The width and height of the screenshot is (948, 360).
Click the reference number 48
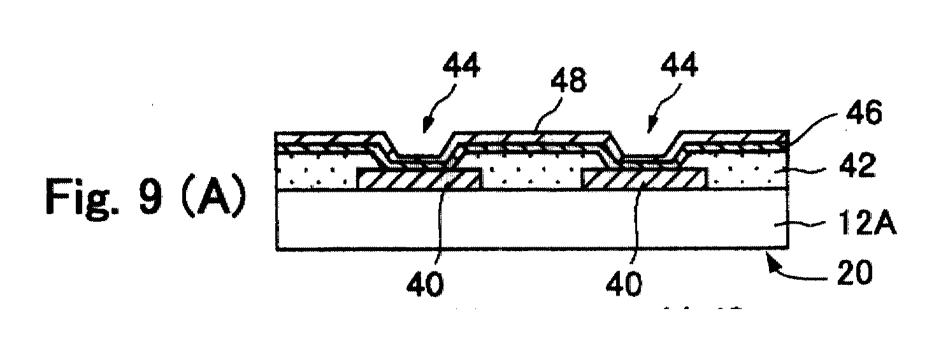[568, 80]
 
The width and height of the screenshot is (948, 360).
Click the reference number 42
[858, 166]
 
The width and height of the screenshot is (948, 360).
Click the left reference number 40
[426, 284]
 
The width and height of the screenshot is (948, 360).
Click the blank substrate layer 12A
[533, 220]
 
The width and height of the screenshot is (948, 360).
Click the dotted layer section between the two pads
[533, 177]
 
